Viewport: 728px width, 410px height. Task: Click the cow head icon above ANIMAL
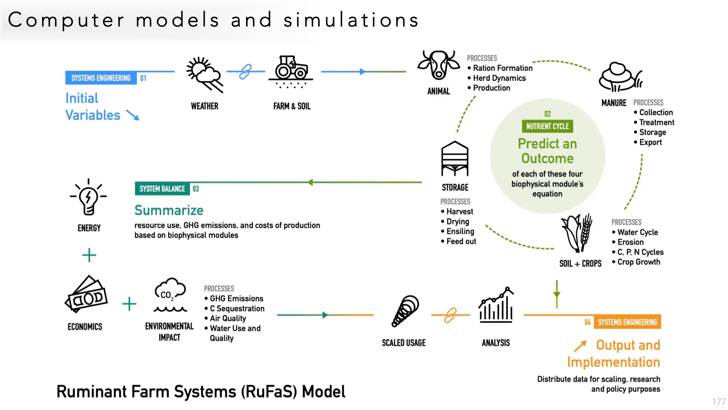438,65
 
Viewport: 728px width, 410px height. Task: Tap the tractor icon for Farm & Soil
291,69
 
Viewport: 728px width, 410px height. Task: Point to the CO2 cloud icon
170,295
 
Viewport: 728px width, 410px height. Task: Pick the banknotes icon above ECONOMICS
86,295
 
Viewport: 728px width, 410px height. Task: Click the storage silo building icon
455,159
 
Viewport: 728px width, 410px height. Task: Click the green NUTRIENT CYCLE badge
547,126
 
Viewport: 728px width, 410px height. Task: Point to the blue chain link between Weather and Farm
246,71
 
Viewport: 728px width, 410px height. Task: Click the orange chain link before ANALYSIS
450,315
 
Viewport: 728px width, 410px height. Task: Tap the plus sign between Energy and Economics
89,255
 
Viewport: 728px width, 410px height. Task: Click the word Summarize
169,210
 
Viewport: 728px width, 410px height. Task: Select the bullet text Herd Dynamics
499,78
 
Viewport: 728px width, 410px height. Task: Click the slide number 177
719,402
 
